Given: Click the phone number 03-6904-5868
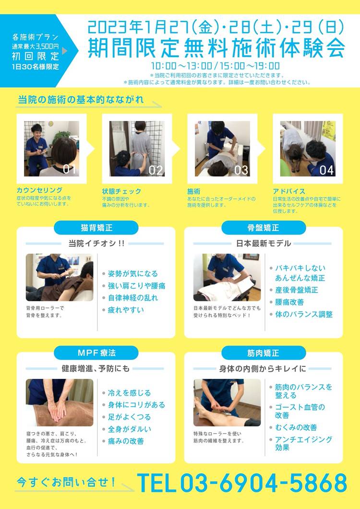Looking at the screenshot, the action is pyautogui.click(x=264, y=483).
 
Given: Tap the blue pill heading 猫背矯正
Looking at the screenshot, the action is pyautogui.click(x=96, y=228).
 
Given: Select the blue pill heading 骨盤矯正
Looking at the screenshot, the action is pyautogui.click(x=263, y=228).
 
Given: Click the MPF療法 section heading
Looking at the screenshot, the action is pyautogui.click(x=96, y=353).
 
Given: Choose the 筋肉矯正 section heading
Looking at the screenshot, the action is pyautogui.click(x=263, y=353).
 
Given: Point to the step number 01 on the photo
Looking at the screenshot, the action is pyautogui.click(x=69, y=170).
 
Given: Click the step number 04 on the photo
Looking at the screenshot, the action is pyautogui.click(x=326, y=170).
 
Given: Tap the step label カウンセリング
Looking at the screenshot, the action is pyautogui.click(x=39, y=190).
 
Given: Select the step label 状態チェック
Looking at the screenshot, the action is pyautogui.click(x=122, y=191).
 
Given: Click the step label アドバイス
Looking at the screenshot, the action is pyautogui.click(x=289, y=191).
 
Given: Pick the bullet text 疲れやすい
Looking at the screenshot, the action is pyautogui.click(x=126, y=310).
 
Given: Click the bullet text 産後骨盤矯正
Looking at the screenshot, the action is pyautogui.click(x=297, y=290).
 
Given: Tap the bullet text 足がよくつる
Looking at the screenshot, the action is pyautogui.click(x=129, y=417).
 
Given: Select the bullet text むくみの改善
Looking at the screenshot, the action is pyautogui.click(x=296, y=427).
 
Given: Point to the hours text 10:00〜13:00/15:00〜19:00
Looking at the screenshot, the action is pyautogui.click(x=215, y=66).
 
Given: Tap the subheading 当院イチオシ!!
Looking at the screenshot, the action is pyautogui.click(x=96, y=243).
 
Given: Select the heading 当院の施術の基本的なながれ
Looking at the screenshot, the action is pyautogui.click(x=81, y=100).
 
